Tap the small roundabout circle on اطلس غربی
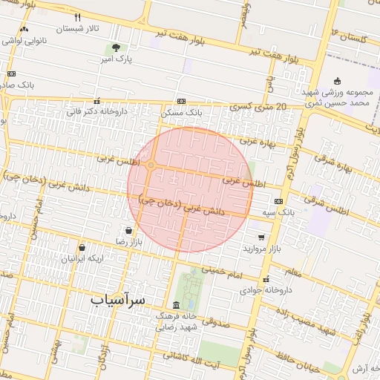point(151,165)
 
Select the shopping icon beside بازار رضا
point(130,230)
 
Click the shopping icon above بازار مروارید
point(261,237)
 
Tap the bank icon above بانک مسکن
point(181,102)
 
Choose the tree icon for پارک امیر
point(112,49)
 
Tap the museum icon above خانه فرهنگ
point(176,305)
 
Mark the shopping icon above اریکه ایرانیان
point(81,247)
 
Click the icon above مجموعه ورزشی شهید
point(337,81)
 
